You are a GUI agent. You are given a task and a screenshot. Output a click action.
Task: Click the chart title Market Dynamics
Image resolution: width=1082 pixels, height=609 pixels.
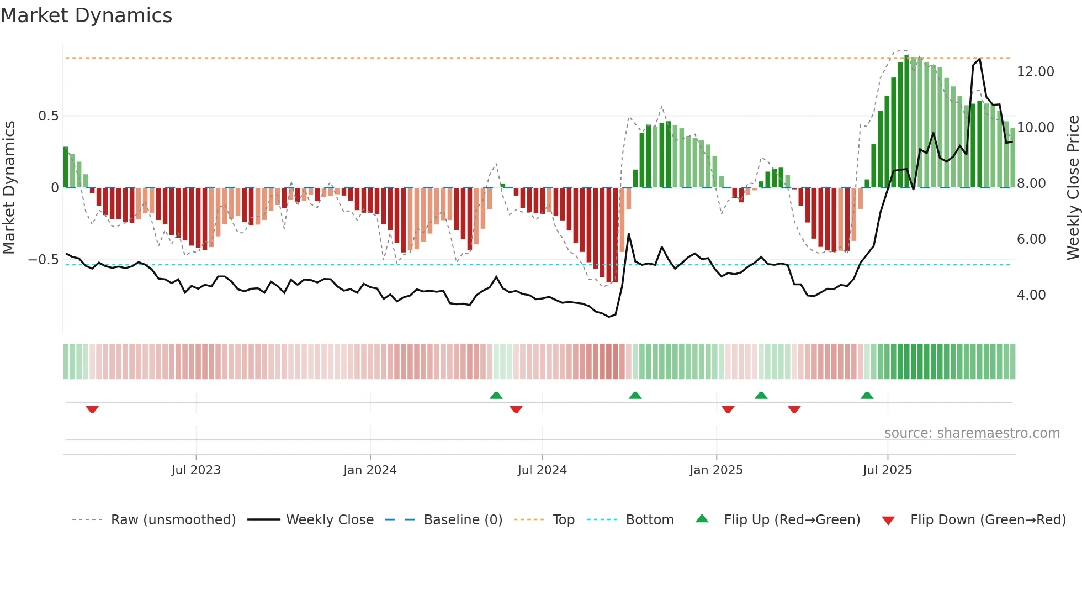click(x=86, y=15)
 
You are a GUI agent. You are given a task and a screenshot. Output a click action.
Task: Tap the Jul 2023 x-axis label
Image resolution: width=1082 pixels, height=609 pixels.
click(x=195, y=470)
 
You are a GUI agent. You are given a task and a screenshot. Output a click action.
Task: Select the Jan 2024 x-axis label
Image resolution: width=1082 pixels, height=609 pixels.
click(x=370, y=470)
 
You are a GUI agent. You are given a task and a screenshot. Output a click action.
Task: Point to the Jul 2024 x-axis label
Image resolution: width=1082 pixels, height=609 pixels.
click(x=542, y=470)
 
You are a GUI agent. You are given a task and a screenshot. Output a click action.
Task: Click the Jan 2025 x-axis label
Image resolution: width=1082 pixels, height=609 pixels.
click(x=716, y=470)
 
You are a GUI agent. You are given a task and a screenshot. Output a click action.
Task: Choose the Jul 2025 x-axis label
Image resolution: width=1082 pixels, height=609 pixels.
click(x=887, y=470)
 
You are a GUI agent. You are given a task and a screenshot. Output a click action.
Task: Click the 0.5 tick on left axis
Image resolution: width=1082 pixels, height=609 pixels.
click(x=48, y=116)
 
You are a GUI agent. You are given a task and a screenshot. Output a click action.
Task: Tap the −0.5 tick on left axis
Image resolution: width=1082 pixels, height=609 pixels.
click(x=43, y=260)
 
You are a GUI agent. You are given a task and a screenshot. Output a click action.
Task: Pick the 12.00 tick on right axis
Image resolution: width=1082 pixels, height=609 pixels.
click(x=1035, y=72)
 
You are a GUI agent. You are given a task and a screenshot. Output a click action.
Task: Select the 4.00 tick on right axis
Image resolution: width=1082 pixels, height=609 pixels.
click(x=1031, y=295)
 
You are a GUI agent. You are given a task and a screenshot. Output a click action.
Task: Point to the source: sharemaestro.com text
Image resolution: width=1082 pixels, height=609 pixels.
click(x=972, y=433)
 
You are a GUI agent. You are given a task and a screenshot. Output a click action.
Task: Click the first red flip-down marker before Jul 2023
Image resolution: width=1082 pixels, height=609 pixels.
click(x=92, y=410)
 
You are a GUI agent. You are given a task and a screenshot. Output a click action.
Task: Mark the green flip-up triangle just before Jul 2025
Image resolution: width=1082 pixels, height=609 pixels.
click(x=867, y=395)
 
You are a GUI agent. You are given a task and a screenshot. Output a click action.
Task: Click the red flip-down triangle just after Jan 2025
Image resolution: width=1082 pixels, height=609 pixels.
click(x=728, y=410)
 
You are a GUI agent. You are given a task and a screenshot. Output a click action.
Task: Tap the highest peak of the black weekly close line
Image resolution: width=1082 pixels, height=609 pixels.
click(x=979, y=59)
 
